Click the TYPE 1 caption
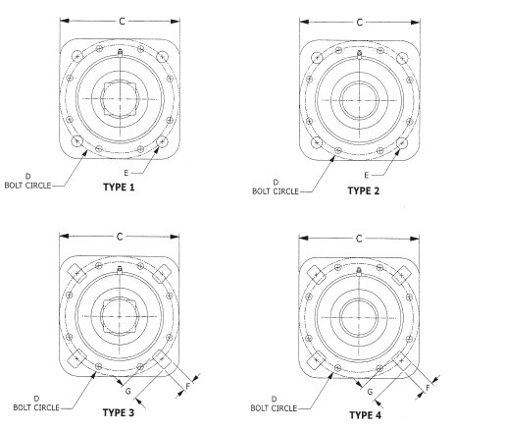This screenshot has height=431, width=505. [x=119, y=188]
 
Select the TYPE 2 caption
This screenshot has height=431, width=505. [x=364, y=190]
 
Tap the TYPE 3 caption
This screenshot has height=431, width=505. [x=119, y=412]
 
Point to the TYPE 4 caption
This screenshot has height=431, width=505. [x=365, y=415]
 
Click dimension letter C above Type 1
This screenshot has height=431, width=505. [x=122, y=22]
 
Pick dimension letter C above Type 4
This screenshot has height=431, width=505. [x=359, y=239]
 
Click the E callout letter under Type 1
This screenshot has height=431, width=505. [x=126, y=173]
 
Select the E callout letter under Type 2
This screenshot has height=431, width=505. [x=367, y=176]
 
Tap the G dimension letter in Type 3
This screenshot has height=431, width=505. [x=128, y=391]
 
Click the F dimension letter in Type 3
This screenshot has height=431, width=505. [x=188, y=386]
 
